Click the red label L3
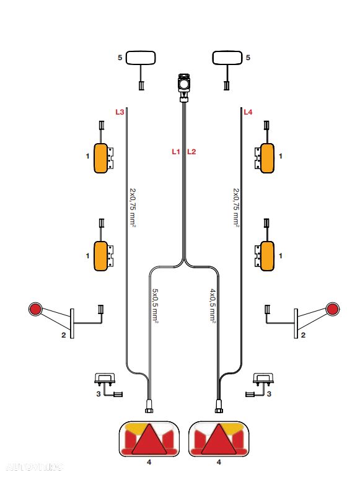click(x=120, y=112)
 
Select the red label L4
click(x=248, y=112)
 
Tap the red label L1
click(x=176, y=152)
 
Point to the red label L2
click(x=191, y=152)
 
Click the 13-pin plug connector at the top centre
click(x=184, y=87)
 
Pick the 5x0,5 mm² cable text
click(x=155, y=305)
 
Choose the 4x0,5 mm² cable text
click(x=213, y=305)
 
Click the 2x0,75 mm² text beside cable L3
click(x=133, y=208)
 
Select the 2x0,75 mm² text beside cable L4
click(x=236, y=208)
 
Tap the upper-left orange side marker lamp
click(x=100, y=158)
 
